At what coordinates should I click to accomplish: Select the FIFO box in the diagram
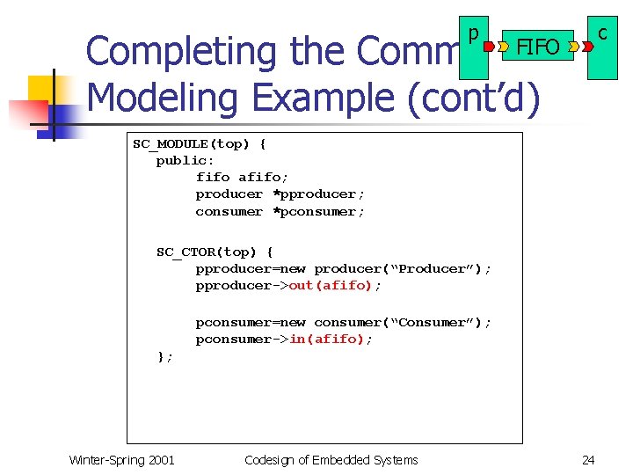point(537,47)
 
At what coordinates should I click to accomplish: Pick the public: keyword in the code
point(185,160)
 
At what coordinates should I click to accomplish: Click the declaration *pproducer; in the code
point(319,194)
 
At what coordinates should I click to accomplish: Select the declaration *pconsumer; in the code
point(319,211)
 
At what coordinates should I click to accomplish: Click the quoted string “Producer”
point(436,269)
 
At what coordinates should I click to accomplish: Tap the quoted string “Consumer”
point(437,323)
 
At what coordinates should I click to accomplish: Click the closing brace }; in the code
point(164,356)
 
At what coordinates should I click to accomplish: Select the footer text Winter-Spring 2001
point(121,460)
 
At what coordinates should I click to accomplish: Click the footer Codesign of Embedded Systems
point(331,460)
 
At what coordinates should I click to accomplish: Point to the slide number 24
point(588,460)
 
